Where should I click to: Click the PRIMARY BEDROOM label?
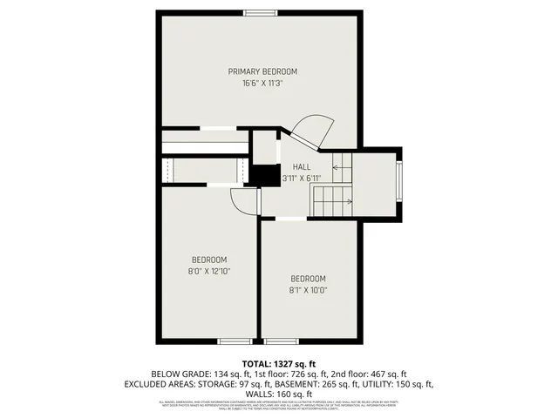coord(262,71)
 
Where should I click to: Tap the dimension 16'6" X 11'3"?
coord(262,84)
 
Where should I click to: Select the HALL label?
coord(301,166)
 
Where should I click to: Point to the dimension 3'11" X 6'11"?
coord(302,178)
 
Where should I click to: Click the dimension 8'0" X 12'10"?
coord(209,271)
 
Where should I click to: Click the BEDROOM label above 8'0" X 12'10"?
coord(209,260)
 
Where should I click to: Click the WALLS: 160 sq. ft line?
coord(279,394)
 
